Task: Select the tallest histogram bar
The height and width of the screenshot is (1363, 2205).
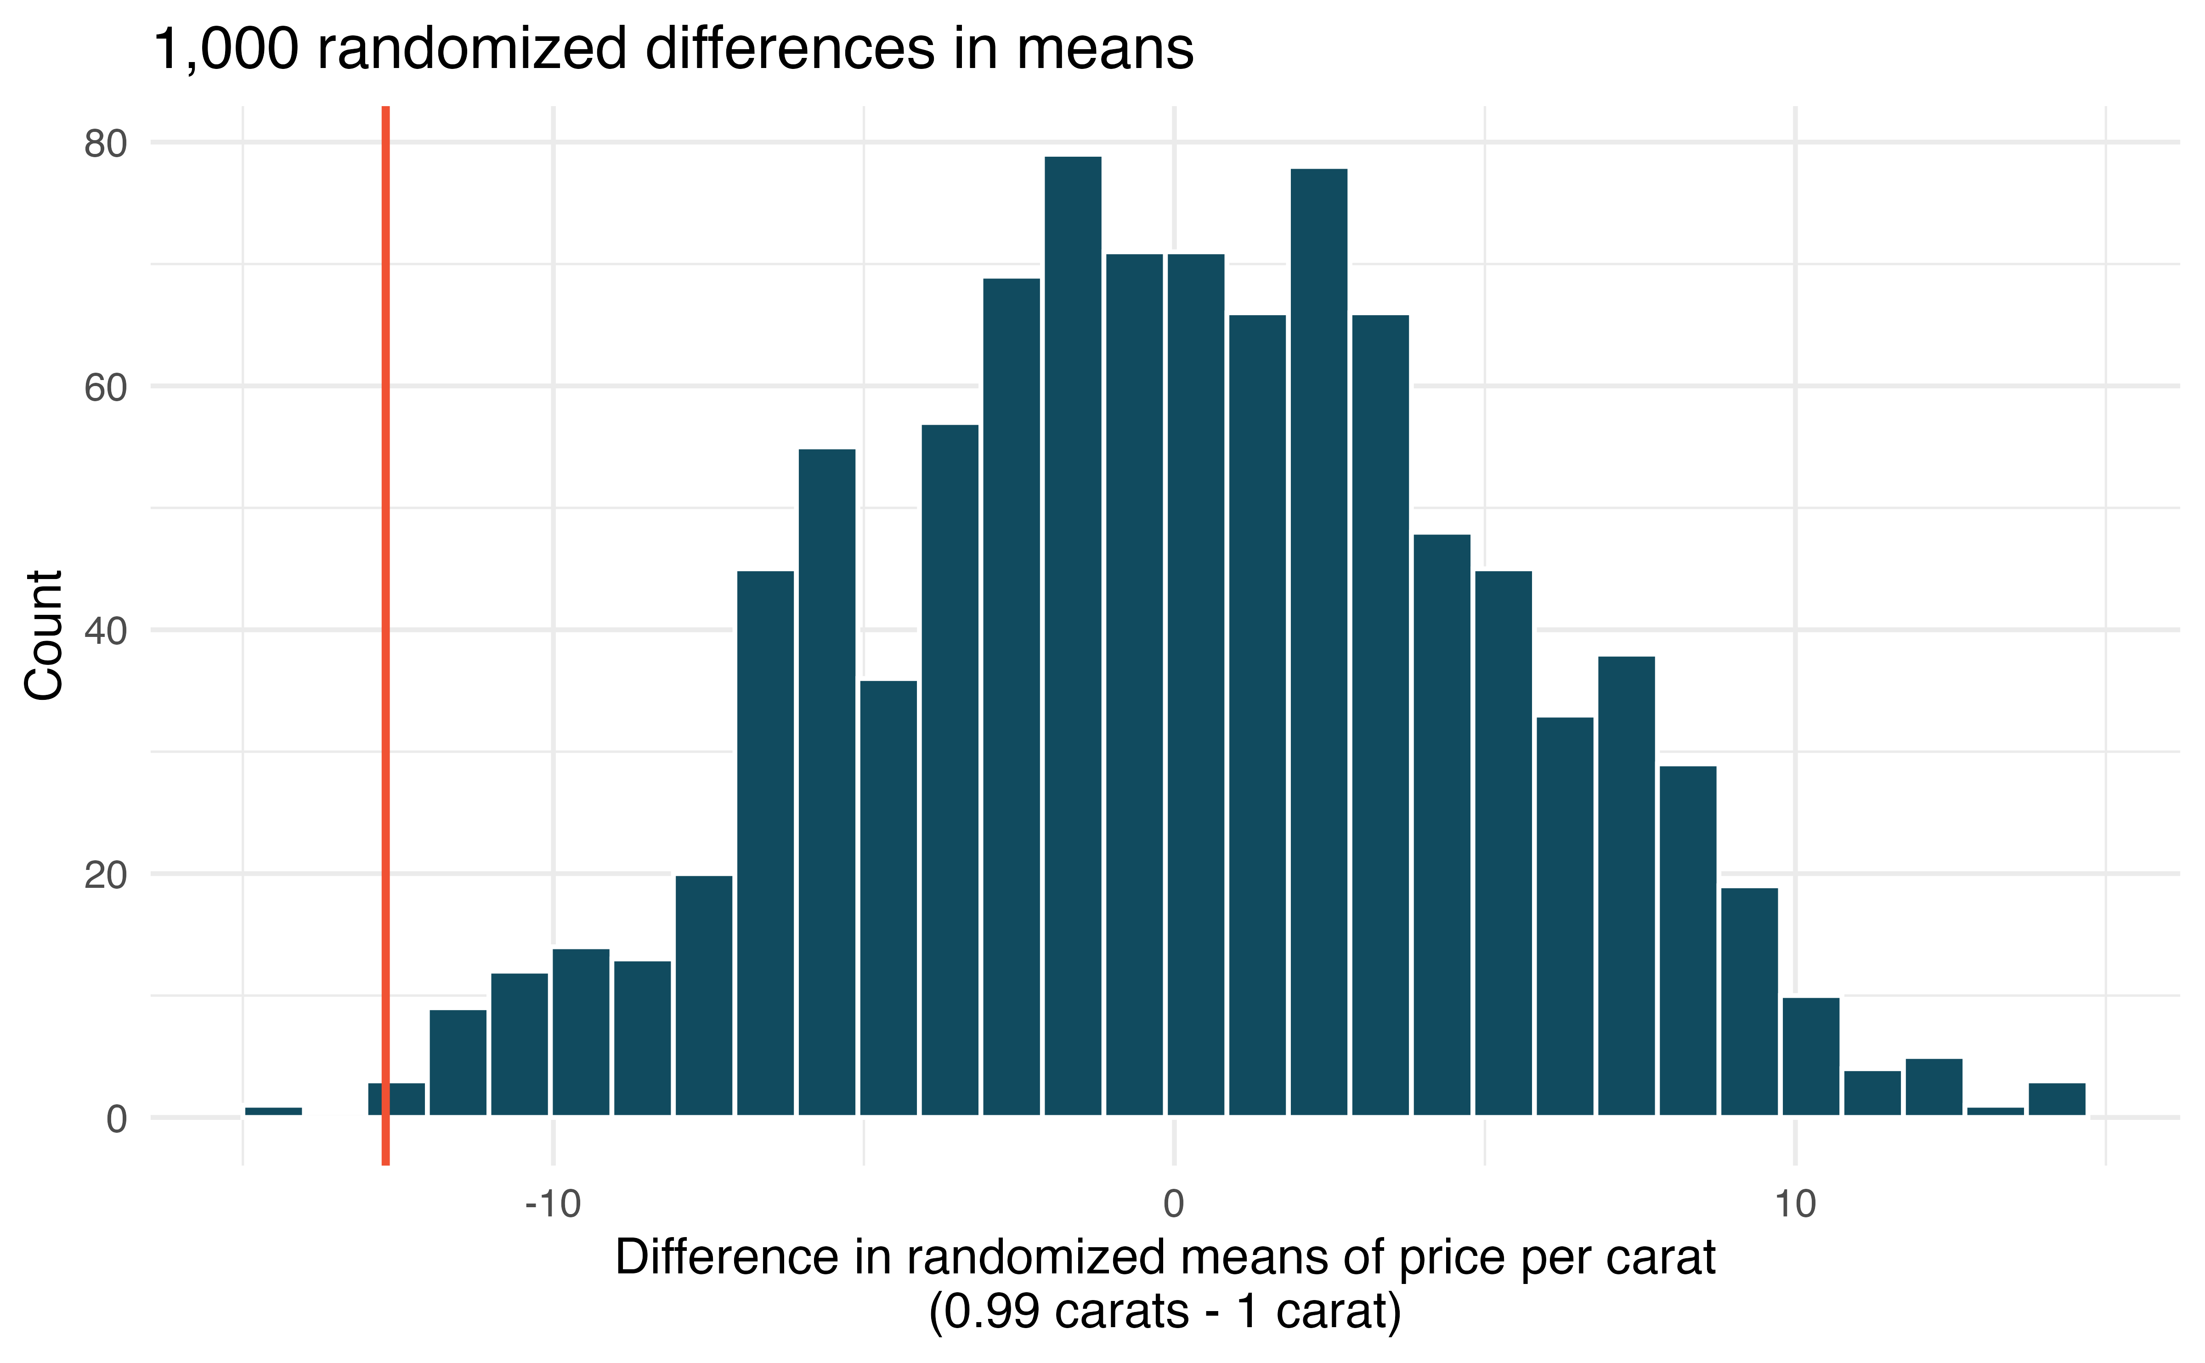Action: pyautogui.click(x=1072, y=636)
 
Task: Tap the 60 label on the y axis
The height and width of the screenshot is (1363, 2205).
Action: pyautogui.click(x=106, y=388)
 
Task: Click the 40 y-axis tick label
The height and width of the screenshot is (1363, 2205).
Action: pyautogui.click(x=106, y=631)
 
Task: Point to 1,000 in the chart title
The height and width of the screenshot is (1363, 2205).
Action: pyautogui.click(x=225, y=50)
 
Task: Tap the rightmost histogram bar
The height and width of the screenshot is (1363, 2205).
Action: pyautogui.click(x=2057, y=1099)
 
